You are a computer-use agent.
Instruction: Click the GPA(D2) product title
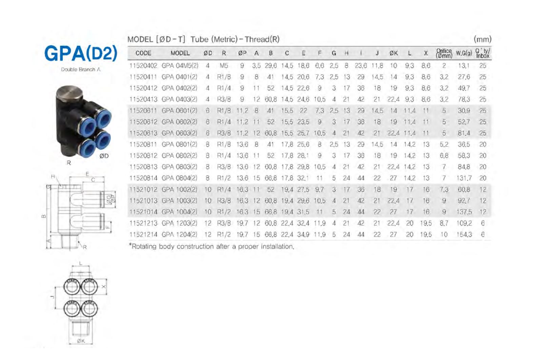(81, 53)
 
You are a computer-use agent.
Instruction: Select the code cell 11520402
(143, 65)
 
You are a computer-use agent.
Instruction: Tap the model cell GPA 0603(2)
(179, 133)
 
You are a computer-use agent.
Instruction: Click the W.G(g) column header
(464, 53)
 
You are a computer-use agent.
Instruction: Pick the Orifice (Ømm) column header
(444, 53)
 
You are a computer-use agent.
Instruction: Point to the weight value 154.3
(464, 235)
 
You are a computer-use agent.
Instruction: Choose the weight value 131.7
(464, 178)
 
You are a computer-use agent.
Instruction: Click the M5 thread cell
(224, 65)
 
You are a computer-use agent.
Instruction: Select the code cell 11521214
(143, 235)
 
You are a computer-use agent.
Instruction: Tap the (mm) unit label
(482, 39)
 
